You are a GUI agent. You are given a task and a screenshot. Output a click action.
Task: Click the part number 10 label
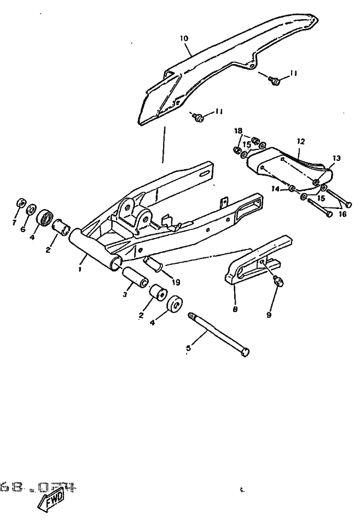tap(184, 39)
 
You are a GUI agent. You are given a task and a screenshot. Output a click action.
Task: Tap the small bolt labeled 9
tap(278, 282)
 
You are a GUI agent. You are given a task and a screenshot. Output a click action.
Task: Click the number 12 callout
tap(300, 141)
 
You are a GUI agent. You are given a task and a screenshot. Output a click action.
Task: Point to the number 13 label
tap(335, 158)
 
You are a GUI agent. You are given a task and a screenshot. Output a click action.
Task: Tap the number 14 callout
tap(276, 189)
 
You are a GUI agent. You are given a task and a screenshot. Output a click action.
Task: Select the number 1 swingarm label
tap(80, 269)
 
